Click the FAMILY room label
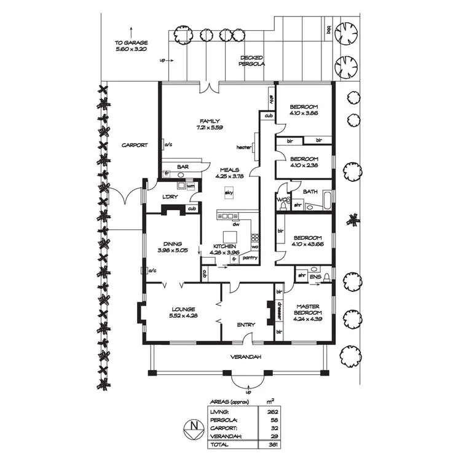pos(210,121)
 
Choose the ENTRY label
pos(246,325)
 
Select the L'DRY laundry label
pos(170,197)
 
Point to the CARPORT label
pos(134,145)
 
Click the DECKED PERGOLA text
pos(253,60)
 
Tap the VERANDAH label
pos(246,357)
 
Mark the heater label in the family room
pos(244,148)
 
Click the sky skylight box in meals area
pos(229,192)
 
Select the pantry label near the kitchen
pos(250,258)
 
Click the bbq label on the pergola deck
pos(329,30)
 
